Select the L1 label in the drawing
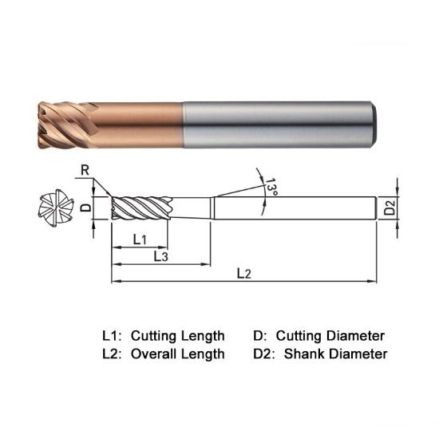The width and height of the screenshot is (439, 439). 139,239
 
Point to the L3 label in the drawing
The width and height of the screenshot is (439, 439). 160,256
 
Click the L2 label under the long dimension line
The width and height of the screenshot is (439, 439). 244,274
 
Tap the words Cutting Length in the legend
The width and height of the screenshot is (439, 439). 177,335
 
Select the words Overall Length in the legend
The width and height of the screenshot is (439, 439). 177,354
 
